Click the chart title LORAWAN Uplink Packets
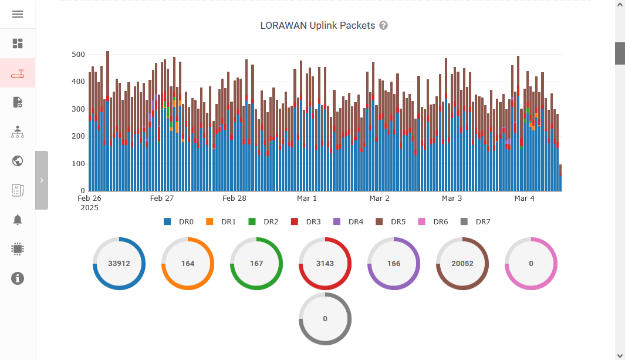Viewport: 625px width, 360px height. (317, 26)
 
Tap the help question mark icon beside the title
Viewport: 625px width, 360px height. (383, 26)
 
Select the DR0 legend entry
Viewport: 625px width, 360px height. (179, 222)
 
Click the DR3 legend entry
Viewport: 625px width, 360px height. (306, 222)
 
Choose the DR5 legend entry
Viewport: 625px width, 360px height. (391, 222)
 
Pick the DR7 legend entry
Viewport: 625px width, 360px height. (476, 222)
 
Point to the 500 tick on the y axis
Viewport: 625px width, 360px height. (78, 55)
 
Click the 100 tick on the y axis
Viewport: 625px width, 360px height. (78, 164)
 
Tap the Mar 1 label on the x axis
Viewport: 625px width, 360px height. (307, 198)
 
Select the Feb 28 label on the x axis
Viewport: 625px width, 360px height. (234, 198)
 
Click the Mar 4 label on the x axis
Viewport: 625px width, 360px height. (524, 198)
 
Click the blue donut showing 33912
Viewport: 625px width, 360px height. (119, 264)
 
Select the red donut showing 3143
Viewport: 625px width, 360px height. (325, 264)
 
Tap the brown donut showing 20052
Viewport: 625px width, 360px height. (462, 264)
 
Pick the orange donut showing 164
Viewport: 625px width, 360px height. (188, 264)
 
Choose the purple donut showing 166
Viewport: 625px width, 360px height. (394, 264)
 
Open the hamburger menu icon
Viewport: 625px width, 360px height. (18, 14)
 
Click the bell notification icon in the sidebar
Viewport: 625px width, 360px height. (18, 220)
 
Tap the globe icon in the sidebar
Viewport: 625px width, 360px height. (18, 161)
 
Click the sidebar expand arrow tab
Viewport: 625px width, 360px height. (42, 180)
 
